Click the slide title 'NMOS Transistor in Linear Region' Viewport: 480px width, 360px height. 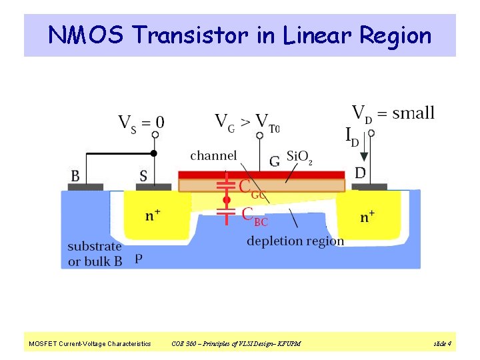(x=240, y=35)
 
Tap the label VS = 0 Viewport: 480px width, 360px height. (x=141, y=123)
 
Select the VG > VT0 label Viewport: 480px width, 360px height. (x=247, y=122)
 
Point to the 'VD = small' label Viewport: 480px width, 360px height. (x=393, y=113)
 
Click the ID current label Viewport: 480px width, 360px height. (x=351, y=137)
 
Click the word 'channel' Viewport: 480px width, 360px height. (x=213, y=156)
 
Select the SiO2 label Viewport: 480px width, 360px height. (x=299, y=157)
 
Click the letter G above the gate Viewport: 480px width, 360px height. (x=274, y=161)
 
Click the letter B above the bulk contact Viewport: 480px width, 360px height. (x=75, y=176)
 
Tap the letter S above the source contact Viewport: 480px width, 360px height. (x=143, y=176)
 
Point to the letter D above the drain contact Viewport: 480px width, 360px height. (x=360, y=173)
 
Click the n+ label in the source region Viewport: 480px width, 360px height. (x=153, y=215)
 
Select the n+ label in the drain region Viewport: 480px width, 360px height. (x=367, y=216)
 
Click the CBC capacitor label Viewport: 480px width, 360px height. (x=255, y=215)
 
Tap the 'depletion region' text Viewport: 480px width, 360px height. (x=295, y=241)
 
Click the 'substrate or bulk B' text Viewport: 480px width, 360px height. (x=95, y=254)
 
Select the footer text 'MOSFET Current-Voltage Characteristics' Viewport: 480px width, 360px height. (x=89, y=344)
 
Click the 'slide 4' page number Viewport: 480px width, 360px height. (x=443, y=344)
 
